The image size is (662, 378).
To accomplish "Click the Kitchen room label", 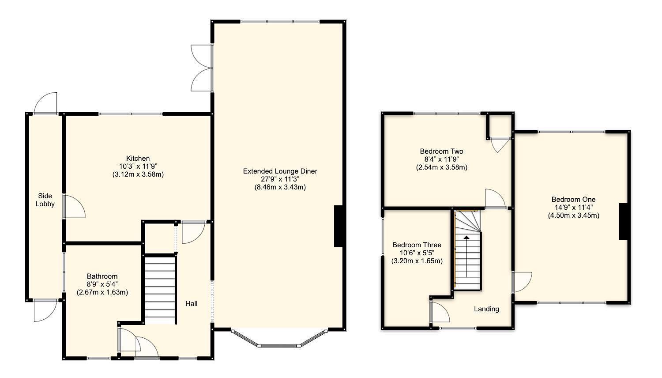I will point(138,158).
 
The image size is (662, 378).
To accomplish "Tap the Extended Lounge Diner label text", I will point(280,171).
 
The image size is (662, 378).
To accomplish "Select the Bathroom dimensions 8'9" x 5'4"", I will point(102,284).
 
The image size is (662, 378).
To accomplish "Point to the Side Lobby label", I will point(45,200).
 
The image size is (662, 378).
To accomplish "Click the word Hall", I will point(191,303).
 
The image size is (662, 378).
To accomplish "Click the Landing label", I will point(486,309).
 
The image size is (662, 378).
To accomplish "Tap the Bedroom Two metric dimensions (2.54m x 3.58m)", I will point(441,167).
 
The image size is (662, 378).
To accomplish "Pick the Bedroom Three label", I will point(417,245).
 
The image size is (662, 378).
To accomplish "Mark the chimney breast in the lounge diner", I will point(339,226).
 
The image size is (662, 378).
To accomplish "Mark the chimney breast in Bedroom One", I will point(623,222).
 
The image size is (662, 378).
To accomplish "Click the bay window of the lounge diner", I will point(280,342).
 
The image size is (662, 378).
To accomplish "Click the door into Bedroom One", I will point(521,282).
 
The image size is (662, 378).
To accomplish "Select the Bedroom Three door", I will point(440,311).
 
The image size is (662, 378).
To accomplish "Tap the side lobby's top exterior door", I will point(46,103).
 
